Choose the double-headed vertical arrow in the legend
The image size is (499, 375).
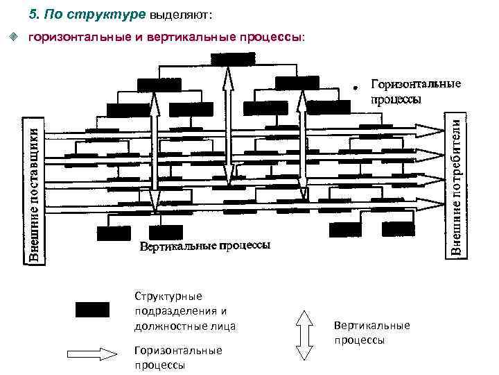pos(304,334)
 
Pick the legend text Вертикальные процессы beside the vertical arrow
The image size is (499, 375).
pos(371,332)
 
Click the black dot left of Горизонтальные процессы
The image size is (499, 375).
pos(354,89)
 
